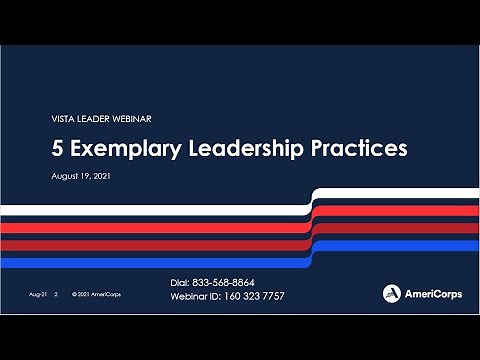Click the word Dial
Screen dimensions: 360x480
[x=182, y=283]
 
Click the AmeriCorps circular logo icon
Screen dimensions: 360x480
[x=392, y=293]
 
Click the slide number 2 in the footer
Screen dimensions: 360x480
[x=57, y=296]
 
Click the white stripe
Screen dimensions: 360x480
[x=150, y=208]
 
